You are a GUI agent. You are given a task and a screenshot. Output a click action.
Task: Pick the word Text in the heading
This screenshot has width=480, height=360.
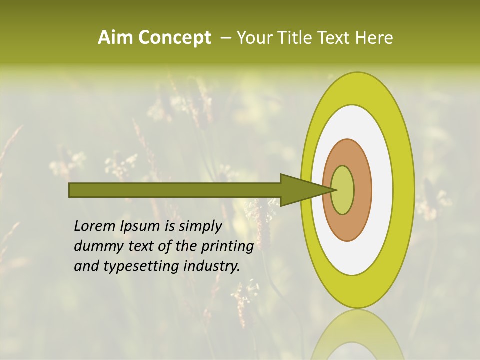[x=336, y=38]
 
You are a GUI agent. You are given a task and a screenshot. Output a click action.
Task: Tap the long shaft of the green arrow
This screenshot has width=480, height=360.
[x=175, y=190]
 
